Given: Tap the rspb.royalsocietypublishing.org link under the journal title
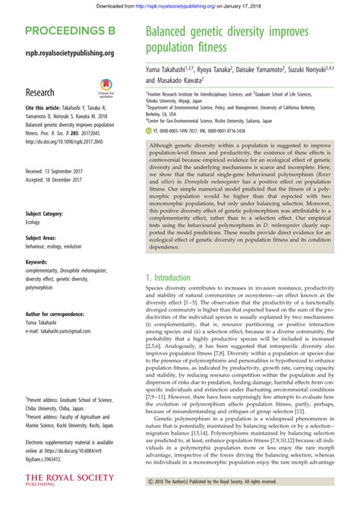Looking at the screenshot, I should (x=70, y=53).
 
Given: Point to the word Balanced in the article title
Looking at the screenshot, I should (x=172, y=34).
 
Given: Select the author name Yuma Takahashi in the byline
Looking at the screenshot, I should (x=167, y=69).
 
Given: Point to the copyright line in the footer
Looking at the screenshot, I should (x=228, y=482).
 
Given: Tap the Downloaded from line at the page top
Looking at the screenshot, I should (x=180, y=6).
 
